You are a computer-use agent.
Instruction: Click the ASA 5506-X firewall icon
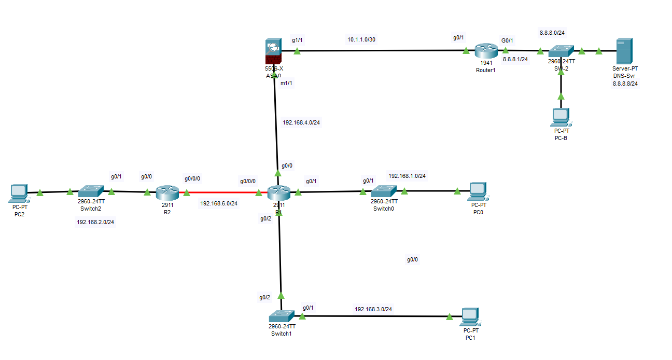pos(273,51)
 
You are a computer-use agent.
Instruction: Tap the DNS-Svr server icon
pos(624,51)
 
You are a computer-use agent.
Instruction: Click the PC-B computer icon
pos(561,117)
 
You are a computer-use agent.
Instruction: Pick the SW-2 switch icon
pos(561,51)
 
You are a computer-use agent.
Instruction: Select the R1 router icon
pos(279,193)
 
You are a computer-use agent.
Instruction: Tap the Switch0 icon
pos(384,191)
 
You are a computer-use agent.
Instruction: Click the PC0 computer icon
pos(477,191)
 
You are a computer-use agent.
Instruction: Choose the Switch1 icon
pos(282,316)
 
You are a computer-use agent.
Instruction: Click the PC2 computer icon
pos(19,193)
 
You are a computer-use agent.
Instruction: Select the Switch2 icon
pos(91,191)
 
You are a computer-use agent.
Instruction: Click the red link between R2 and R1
pos(223,193)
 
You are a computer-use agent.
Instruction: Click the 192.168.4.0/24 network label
pos(301,123)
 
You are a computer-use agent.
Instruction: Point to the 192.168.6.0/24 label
pos(219,203)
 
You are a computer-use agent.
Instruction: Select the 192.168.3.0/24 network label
pos(373,309)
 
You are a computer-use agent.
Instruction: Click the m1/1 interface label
pos(286,83)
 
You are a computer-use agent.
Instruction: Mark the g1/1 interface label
pos(297,39)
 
